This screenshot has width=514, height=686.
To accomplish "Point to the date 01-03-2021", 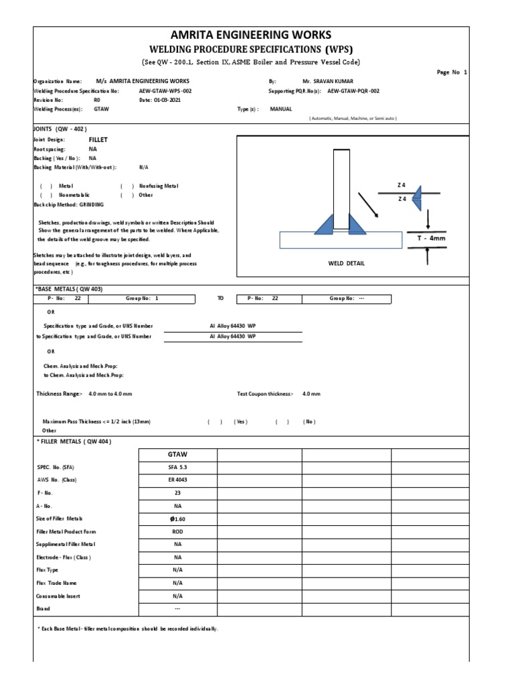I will [x=155, y=99].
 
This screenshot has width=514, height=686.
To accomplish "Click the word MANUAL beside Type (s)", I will [x=281, y=108].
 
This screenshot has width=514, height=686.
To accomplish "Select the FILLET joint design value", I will [x=98, y=139].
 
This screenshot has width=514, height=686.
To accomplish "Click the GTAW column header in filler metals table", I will [x=177, y=454].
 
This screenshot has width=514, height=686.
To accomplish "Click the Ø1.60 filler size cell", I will [x=177, y=519].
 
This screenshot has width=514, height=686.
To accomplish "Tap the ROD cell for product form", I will [x=177, y=532].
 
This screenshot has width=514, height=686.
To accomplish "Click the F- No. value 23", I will [x=177, y=494].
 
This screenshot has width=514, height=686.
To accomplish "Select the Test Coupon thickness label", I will [x=265, y=394].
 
